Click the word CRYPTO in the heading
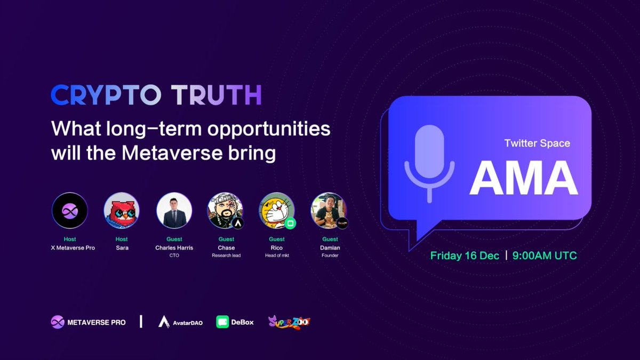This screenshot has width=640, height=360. pyautogui.click(x=106, y=95)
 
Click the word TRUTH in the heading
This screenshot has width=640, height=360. pyautogui.click(x=217, y=95)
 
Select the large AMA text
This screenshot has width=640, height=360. pyautogui.click(x=524, y=177)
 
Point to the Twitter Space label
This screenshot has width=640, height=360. pyautogui.click(x=537, y=143)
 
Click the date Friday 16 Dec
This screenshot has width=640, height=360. pyautogui.click(x=465, y=255)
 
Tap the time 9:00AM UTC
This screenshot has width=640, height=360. pyautogui.click(x=545, y=255)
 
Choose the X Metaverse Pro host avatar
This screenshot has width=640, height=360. pyautogui.click(x=69, y=211)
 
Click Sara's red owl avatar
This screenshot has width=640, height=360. pyautogui.click(x=122, y=211)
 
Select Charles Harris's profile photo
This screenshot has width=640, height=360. pyautogui.click(x=174, y=211)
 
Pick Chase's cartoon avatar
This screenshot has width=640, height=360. pyautogui.click(x=225, y=211)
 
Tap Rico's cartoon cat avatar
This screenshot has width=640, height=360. pyautogui.click(x=277, y=211)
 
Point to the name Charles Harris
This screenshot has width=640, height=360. pyautogui.click(x=174, y=248)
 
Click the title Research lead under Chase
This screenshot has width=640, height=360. pyautogui.click(x=226, y=255)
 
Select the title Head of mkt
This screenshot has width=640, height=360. pyautogui.click(x=277, y=255)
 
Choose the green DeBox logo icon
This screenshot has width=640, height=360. pyautogui.click(x=222, y=322)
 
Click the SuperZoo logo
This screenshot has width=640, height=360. pyautogui.click(x=289, y=322)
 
